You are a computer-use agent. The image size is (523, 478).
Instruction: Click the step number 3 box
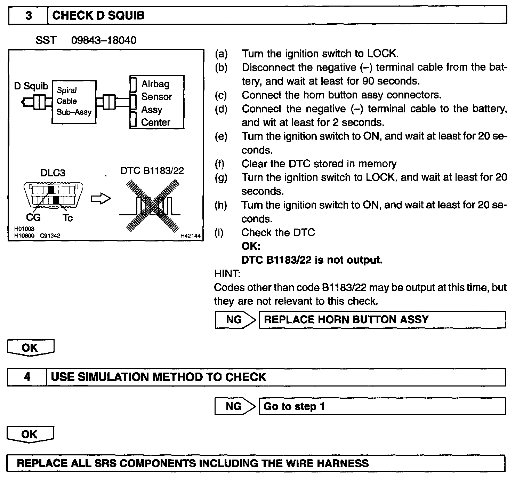click(28, 16)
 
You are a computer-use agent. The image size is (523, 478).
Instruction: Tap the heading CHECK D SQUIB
click(98, 16)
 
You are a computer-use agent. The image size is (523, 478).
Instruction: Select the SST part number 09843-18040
click(104, 40)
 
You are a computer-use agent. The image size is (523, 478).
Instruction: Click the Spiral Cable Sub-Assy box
click(74, 101)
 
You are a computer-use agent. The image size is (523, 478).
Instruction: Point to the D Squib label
click(31, 86)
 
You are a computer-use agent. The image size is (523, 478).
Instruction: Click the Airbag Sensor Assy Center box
click(156, 103)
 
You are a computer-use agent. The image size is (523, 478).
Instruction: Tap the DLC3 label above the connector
click(53, 173)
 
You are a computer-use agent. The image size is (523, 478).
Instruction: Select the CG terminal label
click(33, 217)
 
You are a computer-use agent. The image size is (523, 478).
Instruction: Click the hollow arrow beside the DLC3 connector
click(101, 199)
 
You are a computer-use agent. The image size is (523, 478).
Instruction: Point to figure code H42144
click(190, 236)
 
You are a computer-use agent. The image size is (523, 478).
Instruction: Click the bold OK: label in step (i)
click(251, 246)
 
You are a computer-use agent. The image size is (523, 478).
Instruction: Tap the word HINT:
click(227, 274)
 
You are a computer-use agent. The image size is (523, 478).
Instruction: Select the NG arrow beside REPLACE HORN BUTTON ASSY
click(235, 319)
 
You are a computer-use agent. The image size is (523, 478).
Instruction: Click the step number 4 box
click(27, 377)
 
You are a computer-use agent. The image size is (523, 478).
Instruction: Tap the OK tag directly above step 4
click(31, 348)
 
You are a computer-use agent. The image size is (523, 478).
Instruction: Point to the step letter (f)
click(220, 164)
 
